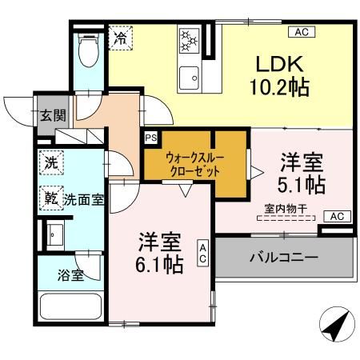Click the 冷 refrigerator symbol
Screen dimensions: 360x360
pyautogui.click(x=121, y=38)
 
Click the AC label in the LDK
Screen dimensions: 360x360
pyautogui.click(x=302, y=32)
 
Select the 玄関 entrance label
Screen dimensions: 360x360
pyautogui.click(x=50, y=114)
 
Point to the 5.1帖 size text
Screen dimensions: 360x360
pyautogui.click(x=302, y=185)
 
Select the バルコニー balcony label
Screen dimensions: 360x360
pyautogui.click(x=283, y=258)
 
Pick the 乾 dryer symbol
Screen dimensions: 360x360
pyautogui.click(x=50, y=197)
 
